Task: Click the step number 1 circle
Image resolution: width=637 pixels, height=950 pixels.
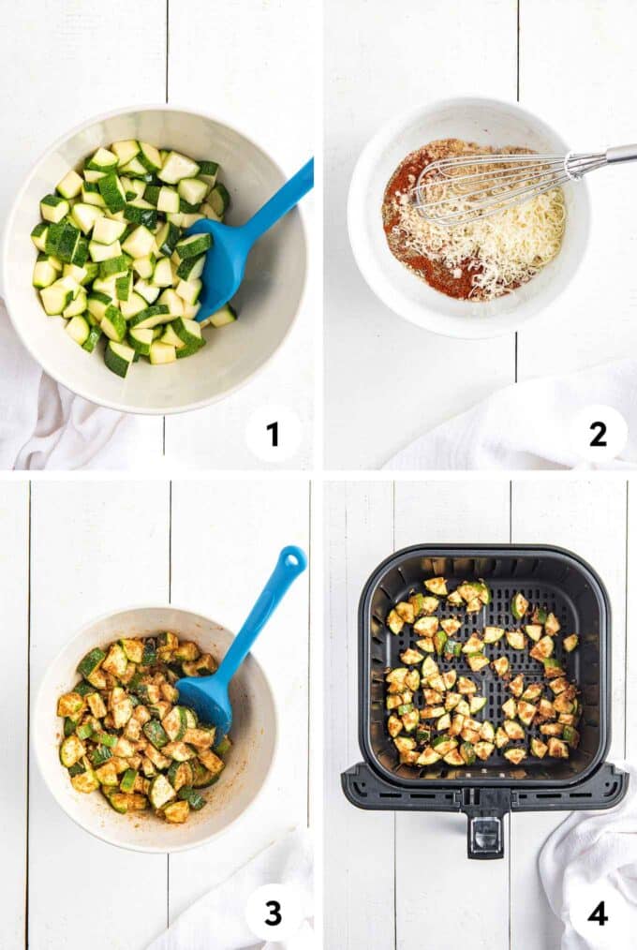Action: pyautogui.click(x=273, y=434)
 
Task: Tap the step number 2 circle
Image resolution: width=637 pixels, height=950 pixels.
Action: pyautogui.click(x=598, y=434)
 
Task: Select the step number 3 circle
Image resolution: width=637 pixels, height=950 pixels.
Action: pyautogui.click(x=273, y=913)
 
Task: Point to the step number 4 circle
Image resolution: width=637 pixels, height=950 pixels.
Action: pyautogui.click(x=598, y=913)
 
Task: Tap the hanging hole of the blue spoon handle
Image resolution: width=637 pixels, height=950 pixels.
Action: pyautogui.click(x=293, y=561)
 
